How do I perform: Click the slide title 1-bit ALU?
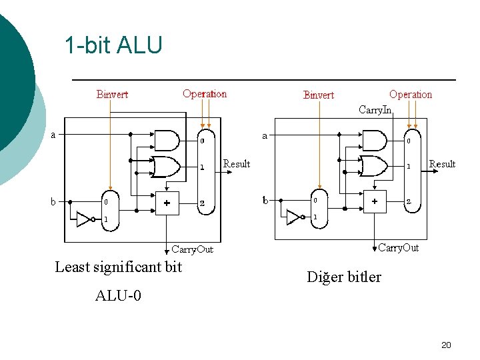(x=113, y=45)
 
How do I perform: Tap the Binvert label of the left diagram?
(x=112, y=95)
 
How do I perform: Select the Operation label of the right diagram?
(x=411, y=95)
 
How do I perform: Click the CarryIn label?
(x=375, y=109)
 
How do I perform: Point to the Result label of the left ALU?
(x=237, y=164)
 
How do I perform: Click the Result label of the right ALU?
(x=442, y=164)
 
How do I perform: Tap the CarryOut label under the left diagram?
(x=192, y=249)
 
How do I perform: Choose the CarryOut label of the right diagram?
(x=398, y=248)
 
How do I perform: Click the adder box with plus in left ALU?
(x=167, y=203)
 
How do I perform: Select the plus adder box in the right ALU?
(x=375, y=201)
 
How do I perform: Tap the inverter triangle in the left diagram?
(x=84, y=219)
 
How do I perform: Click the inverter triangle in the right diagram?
(x=293, y=217)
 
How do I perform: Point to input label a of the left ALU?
(x=54, y=135)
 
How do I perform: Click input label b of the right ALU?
(x=265, y=200)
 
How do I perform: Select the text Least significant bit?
(x=118, y=267)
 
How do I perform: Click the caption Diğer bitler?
(x=344, y=277)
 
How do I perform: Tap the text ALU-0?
(x=118, y=295)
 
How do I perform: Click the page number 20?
(x=446, y=345)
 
